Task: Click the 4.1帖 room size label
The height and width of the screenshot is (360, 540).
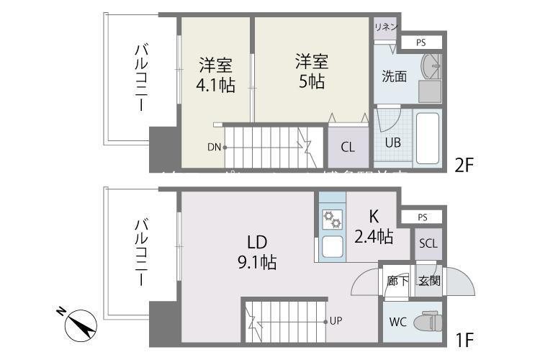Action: [x=215, y=85]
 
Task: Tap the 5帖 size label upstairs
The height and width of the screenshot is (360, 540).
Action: [x=311, y=81]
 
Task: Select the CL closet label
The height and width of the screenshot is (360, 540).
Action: [x=347, y=148]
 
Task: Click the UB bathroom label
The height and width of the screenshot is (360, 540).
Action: [x=392, y=143]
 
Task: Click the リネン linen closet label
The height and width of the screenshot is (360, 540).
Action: [x=385, y=27]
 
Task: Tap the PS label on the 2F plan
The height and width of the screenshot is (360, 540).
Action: [x=420, y=43]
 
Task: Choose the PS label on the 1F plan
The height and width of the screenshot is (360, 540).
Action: [x=422, y=217]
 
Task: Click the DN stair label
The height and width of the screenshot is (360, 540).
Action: [x=214, y=148]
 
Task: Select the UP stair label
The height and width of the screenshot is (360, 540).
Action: [x=336, y=320]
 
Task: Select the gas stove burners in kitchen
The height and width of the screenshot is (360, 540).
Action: [x=331, y=218]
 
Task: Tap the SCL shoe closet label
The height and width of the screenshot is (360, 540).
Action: [x=428, y=243]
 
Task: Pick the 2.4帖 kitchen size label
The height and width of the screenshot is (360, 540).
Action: [x=374, y=235]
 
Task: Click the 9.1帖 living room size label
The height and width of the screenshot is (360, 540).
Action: [x=258, y=262]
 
